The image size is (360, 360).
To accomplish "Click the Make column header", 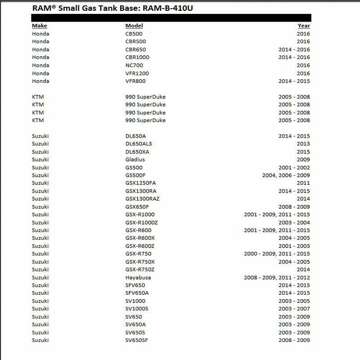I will [39, 26].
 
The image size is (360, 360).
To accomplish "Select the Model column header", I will [134, 26].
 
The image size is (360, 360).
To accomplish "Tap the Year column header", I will [304, 26].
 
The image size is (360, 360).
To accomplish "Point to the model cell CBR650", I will [135, 49].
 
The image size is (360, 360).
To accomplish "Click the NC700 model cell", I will [134, 65].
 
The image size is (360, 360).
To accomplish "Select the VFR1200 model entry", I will [137, 73].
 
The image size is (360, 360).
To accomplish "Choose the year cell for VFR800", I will [294, 81].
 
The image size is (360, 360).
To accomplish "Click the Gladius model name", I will [135, 159].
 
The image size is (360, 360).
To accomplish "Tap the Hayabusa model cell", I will [138, 277].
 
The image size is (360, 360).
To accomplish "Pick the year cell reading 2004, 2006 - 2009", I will [286, 175].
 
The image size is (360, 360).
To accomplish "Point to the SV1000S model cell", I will [137, 309].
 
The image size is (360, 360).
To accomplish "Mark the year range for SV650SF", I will [294, 340].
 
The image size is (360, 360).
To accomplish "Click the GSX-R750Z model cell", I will [139, 270].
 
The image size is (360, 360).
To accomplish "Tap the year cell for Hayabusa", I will [277, 277].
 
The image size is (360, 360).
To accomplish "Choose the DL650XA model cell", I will [137, 152].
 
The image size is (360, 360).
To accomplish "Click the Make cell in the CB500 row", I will [40, 34].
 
